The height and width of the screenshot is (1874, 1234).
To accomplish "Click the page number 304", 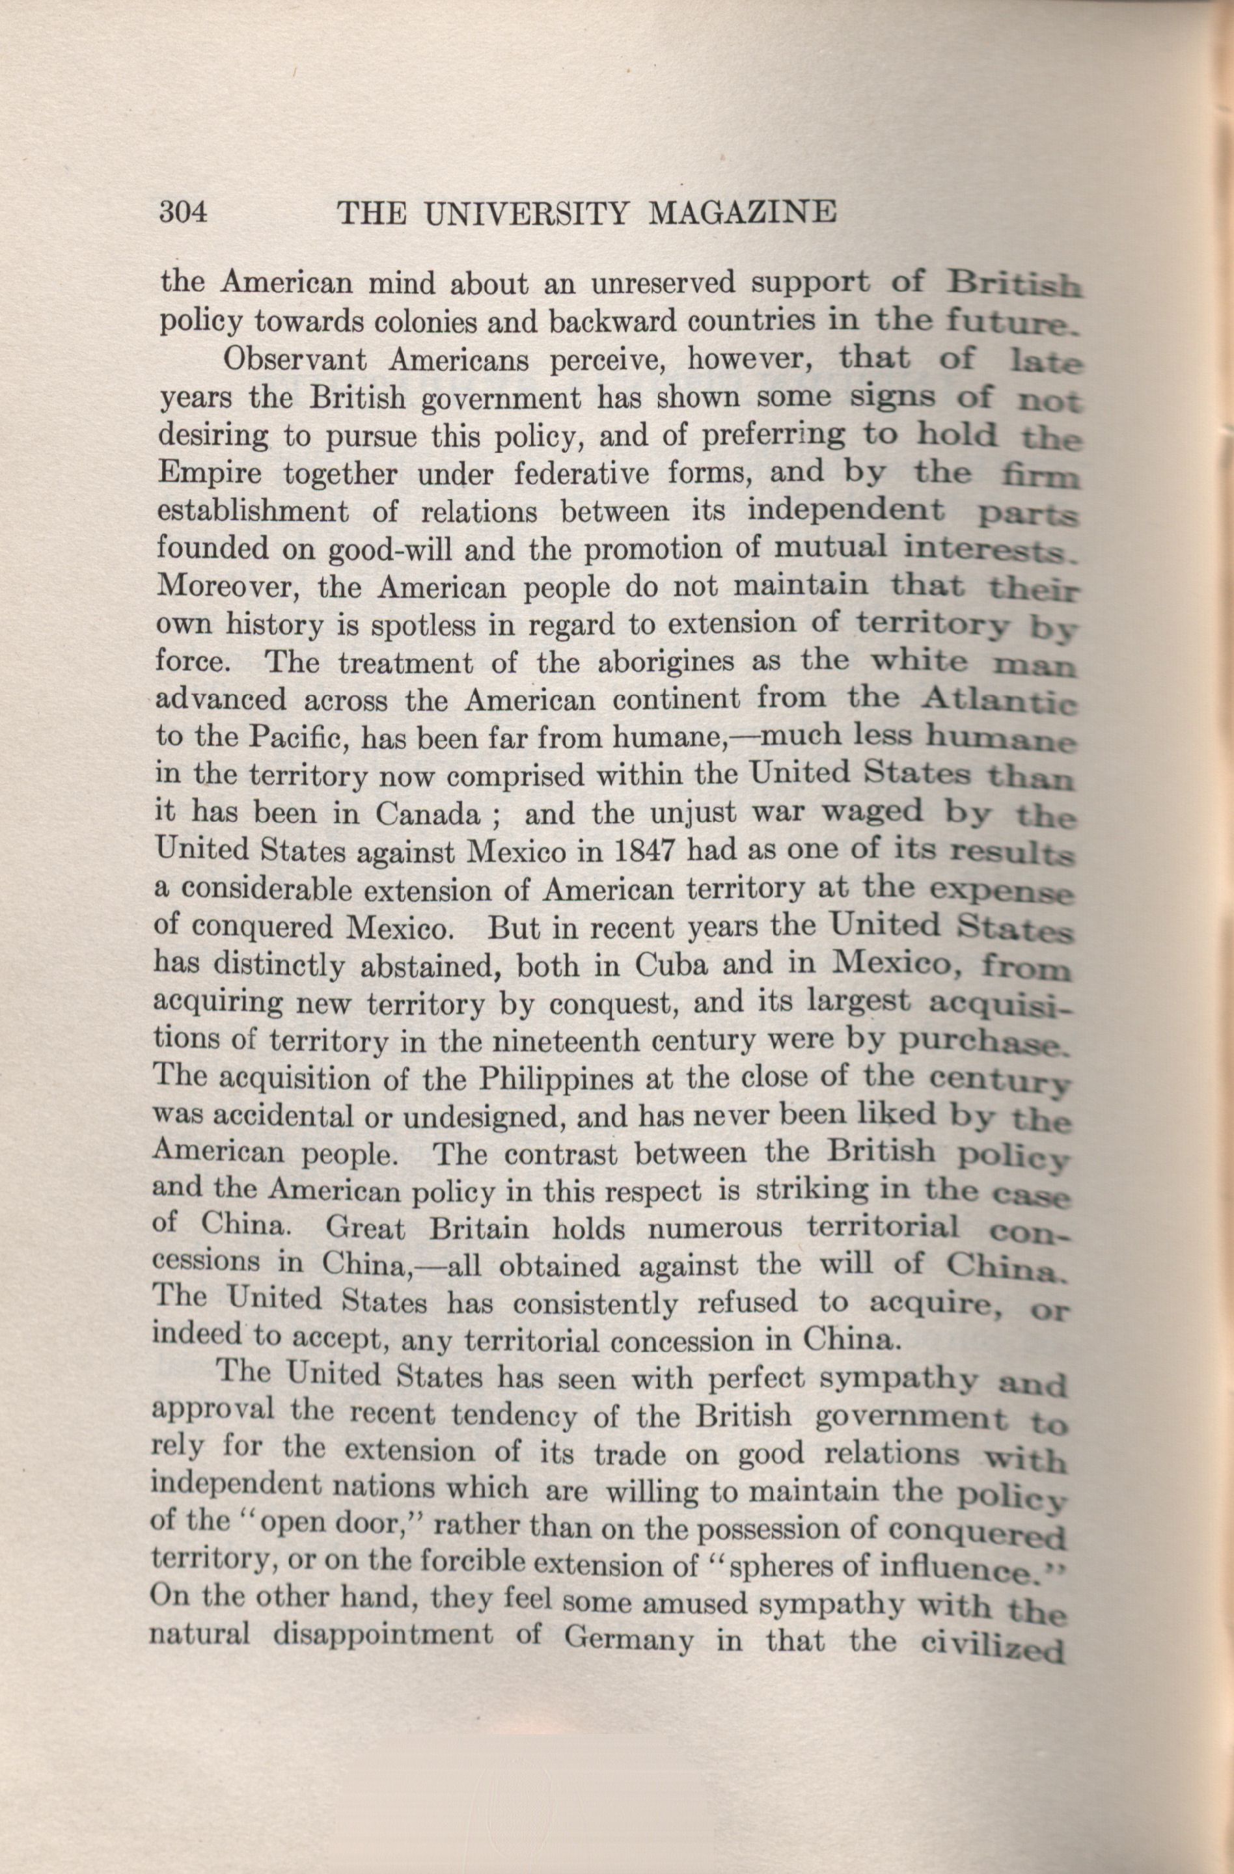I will pyautogui.click(x=183, y=213).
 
